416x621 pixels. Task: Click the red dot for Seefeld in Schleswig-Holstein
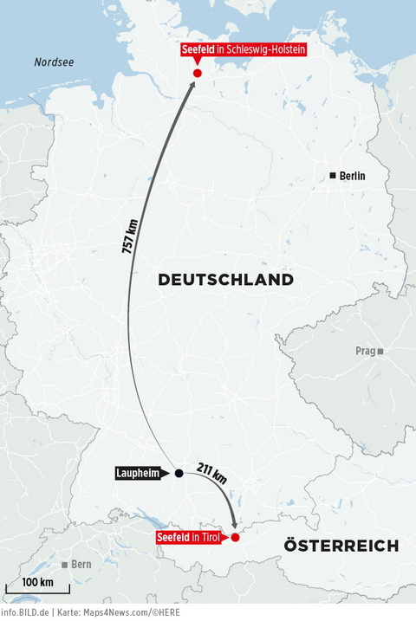point(198,74)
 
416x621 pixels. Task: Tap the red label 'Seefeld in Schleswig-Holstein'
point(244,50)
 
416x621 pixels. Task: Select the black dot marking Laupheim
point(179,473)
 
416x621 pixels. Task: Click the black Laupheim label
point(140,473)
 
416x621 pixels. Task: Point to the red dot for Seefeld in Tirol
point(235,537)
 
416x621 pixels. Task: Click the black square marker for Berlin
point(333,176)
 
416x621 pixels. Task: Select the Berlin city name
point(353,176)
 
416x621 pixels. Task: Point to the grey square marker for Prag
point(380,352)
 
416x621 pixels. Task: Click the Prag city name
point(364,352)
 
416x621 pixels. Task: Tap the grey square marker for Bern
point(64,565)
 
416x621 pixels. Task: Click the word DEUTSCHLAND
point(225,281)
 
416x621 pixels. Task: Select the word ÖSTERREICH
point(341,546)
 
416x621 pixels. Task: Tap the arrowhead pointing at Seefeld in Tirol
point(234,525)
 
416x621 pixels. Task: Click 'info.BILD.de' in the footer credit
point(24,612)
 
